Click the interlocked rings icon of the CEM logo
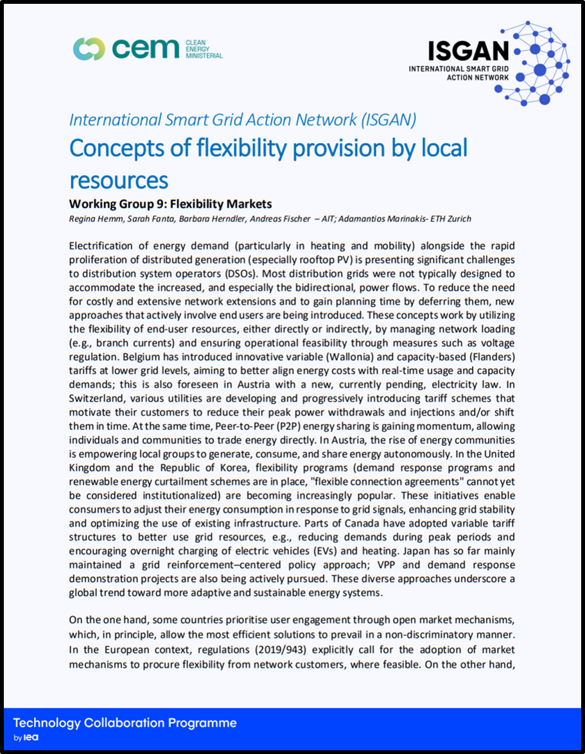coord(89,48)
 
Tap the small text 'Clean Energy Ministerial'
coord(204,48)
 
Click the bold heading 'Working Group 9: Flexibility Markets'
coord(170,204)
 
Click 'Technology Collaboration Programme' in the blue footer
coord(125,723)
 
